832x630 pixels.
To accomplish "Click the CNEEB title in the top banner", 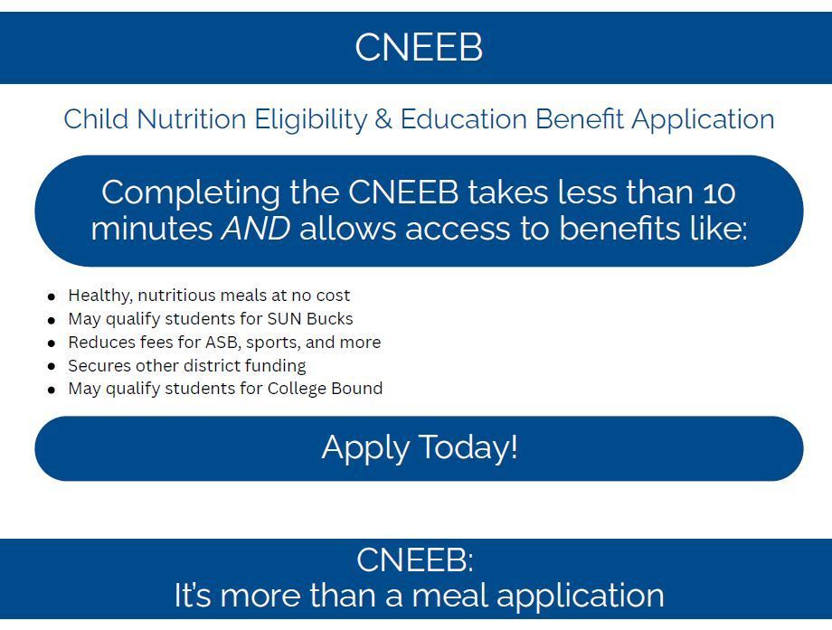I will (418, 47).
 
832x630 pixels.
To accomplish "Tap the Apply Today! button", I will (419, 447).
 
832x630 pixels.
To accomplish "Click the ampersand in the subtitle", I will (383, 119).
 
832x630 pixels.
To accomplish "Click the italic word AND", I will (256, 229).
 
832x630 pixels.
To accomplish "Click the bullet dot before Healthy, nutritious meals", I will (52, 296).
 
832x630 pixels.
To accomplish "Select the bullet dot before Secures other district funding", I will (52, 367).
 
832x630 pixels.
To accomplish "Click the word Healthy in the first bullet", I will (99, 296).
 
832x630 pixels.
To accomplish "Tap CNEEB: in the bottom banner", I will (415, 560).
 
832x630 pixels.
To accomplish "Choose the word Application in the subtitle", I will (703, 119).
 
